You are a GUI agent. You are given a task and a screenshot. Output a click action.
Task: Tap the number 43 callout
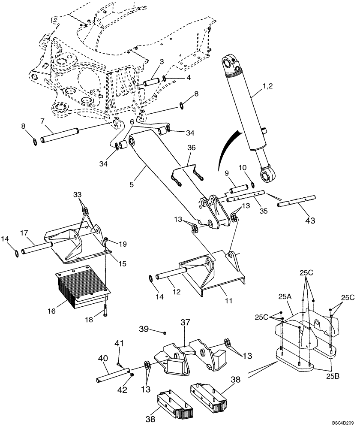309,221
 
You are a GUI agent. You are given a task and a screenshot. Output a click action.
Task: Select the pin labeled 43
297,201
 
